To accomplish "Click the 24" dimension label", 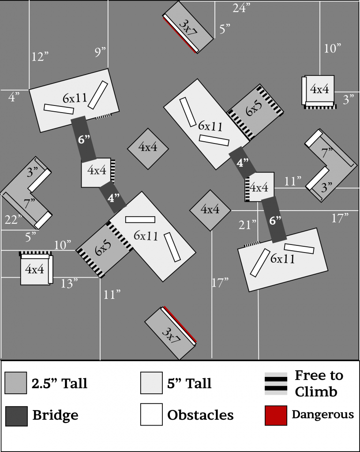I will pos(242,8).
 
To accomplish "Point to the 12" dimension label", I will pos(40,56).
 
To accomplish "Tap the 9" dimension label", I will pos(100,52).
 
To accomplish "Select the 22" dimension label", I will pos(13,219).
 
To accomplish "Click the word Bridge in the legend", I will pos(55,415).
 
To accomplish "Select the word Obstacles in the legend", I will pos(200,415).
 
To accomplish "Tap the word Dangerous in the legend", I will pos(322,414).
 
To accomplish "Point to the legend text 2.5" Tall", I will pos(59,383).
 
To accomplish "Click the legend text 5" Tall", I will pos(189,383).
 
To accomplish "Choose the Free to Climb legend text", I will pos(319,383).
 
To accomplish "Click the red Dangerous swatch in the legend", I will pos(276,415).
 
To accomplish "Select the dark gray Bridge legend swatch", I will pos(16,415).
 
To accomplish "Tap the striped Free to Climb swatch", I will pos(276,383).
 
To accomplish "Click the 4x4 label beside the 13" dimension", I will pos(34,269).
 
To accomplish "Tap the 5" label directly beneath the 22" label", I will pos(30,237).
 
